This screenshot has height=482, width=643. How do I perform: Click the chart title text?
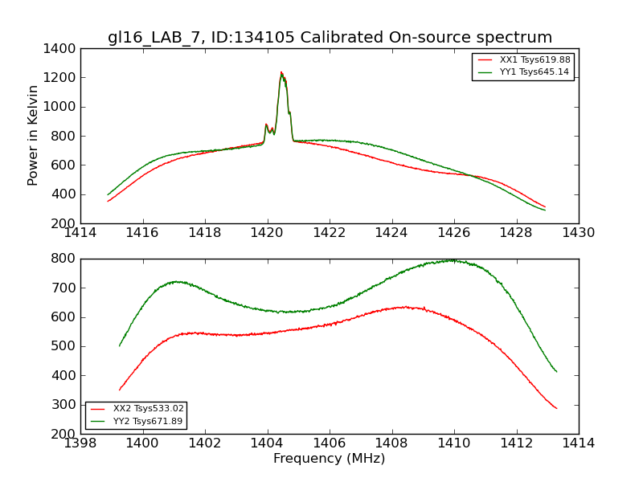pos(330,38)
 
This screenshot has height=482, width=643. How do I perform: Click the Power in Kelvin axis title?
pos(33,135)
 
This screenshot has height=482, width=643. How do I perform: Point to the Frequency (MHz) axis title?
pos(329,459)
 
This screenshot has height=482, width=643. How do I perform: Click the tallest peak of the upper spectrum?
pos(281,72)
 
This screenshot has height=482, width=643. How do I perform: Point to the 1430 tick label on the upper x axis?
pos(578,232)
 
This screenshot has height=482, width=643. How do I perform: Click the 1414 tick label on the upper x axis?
pos(80,232)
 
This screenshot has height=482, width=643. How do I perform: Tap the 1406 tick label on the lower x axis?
pos(329,443)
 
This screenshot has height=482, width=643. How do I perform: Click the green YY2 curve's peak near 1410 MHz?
pos(453,260)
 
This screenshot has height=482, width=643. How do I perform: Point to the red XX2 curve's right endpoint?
pos(556,408)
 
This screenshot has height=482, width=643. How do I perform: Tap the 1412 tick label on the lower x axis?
pos(516,443)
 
